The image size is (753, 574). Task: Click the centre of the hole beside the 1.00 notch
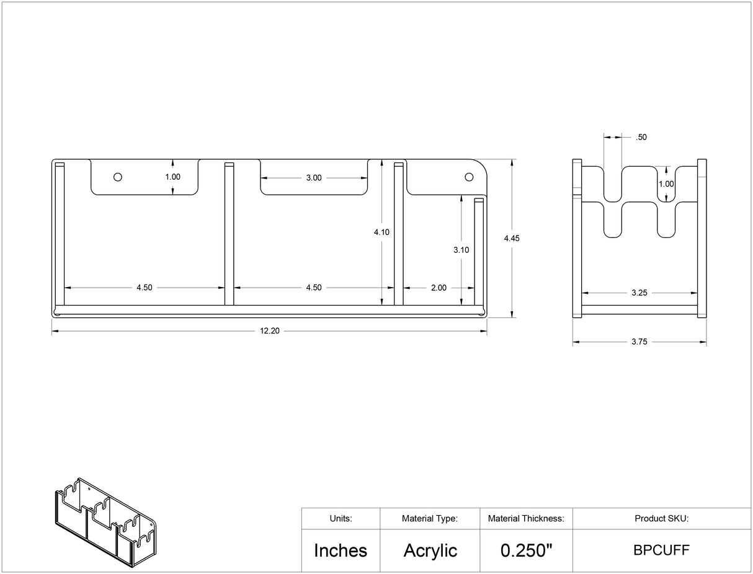pos(118,177)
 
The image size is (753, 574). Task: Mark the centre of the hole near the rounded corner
pos(469,177)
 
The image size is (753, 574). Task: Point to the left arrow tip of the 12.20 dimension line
pos(52,331)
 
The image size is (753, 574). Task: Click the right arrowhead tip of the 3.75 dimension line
pos(706,342)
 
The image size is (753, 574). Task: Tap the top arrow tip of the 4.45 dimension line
pos(512,159)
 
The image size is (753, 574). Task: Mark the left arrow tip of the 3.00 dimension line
pos(261,178)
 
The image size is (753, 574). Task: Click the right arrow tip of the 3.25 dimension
pos(697,293)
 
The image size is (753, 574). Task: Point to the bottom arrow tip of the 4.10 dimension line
pos(382,305)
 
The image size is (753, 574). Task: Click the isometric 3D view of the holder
pos(105,522)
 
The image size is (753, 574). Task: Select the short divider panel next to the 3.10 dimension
pos(479,252)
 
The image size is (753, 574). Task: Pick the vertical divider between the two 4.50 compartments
pos(229,234)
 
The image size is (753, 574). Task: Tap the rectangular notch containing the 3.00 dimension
pos(314,177)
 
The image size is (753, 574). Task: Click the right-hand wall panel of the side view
pos(702,238)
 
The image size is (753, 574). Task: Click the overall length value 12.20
pos(270,331)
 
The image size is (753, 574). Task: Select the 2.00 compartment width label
pos(439,288)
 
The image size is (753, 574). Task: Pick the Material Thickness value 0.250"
pos(526,550)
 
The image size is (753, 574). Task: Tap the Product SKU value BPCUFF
pos(661,550)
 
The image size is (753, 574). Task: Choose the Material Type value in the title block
pos(430,550)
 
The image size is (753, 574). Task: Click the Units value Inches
pos(341,550)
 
